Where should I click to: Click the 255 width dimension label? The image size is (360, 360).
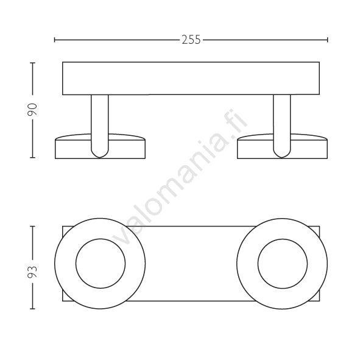[191, 40]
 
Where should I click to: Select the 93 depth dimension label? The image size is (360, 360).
[32, 272]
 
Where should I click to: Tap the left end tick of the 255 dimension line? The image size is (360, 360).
[55, 40]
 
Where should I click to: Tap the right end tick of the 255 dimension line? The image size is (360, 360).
[327, 40]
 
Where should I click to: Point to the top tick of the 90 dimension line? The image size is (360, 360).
[32, 63]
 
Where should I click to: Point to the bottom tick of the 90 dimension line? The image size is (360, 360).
[32, 158]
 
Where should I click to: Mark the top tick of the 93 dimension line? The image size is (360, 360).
[32, 227]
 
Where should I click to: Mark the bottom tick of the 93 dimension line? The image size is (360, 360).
[32, 309]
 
